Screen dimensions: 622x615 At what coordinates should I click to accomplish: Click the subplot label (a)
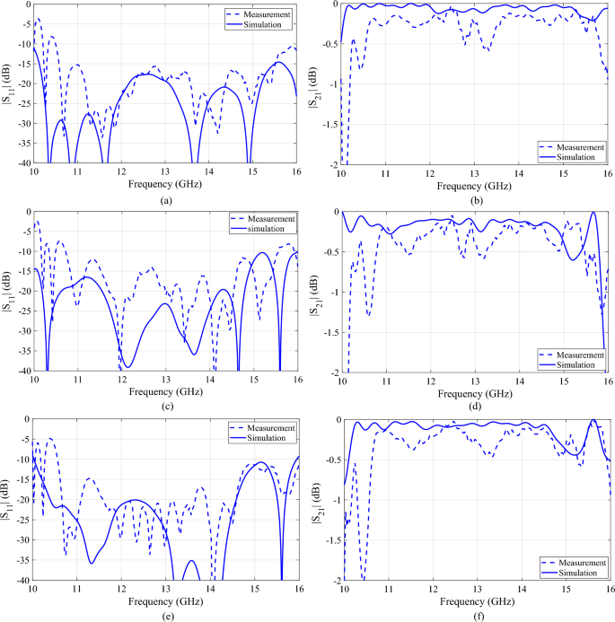coord(165,201)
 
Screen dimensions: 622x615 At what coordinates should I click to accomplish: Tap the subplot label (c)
coord(165,406)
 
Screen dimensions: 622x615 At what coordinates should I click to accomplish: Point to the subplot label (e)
coord(165,615)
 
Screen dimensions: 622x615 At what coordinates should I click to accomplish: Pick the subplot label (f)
coord(475,615)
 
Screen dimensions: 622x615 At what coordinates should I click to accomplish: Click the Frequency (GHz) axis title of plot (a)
coord(165,183)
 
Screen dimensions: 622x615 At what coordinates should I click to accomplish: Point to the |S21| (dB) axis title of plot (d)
coord(315,291)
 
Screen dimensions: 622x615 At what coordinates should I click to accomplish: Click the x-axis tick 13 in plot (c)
coord(165,381)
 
